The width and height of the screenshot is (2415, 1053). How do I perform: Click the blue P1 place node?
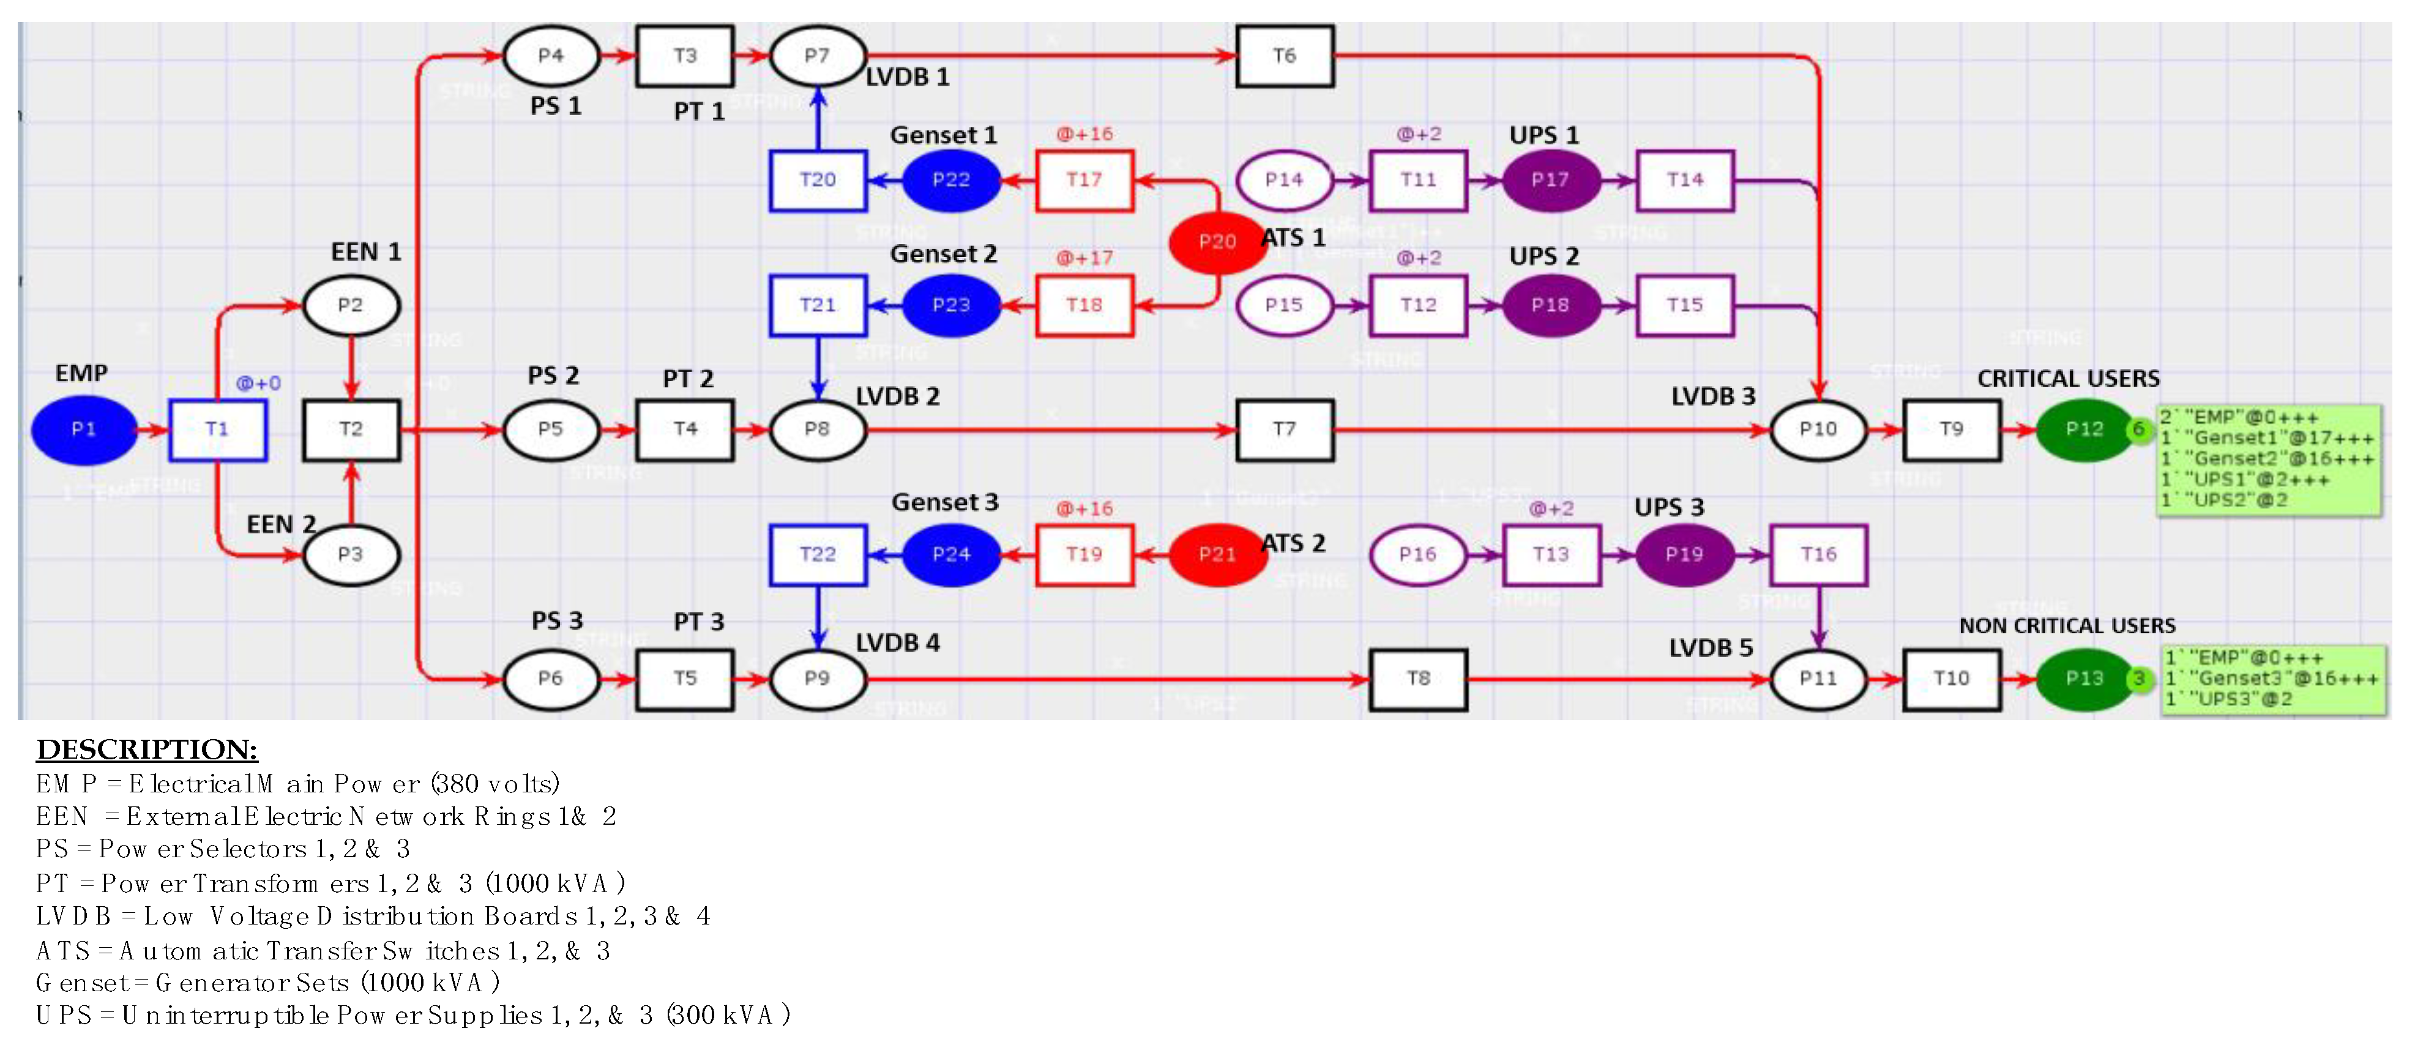pos(83,430)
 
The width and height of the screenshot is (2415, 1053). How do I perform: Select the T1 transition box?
pos(217,430)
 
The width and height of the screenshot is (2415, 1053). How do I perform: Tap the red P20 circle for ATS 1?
pos(1217,242)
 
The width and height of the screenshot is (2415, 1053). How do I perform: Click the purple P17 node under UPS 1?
pos(1550,180)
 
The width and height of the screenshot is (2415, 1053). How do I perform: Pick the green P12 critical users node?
pos(2084,430)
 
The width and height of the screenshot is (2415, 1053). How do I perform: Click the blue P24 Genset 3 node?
pos(950,554)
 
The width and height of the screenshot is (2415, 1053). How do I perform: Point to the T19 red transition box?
pos(1084,554)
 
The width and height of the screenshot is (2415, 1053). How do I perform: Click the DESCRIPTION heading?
pos(146,749)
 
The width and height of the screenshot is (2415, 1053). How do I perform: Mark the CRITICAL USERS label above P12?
pos(2068,379)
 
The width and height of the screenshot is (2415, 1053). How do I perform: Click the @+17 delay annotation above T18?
pos(1084,258)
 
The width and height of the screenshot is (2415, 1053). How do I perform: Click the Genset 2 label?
pos(943,254)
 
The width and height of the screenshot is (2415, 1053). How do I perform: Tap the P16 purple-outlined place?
pos(1417,554)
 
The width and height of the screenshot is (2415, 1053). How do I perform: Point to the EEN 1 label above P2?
pos(365,252)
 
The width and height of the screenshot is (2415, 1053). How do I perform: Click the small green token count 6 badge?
pos(2138,430)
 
